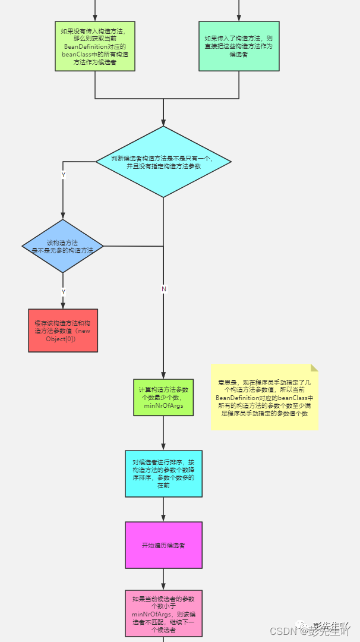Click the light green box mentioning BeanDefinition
[95, 46]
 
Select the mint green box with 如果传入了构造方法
[239, 46]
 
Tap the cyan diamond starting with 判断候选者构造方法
[163, 161]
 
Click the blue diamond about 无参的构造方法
[63, 246]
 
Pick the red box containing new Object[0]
[63, 331]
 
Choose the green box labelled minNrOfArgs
[163, 398]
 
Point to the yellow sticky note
[264, 396]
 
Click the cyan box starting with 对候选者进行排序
[163, 473]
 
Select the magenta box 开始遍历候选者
[163, 545]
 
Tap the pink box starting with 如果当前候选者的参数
[163, 613]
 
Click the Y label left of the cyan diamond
[64, 174]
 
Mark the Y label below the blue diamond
[64, 291]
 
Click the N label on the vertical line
[164, 289]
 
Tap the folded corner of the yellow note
[314, 367]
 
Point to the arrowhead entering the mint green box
[239, 18]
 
